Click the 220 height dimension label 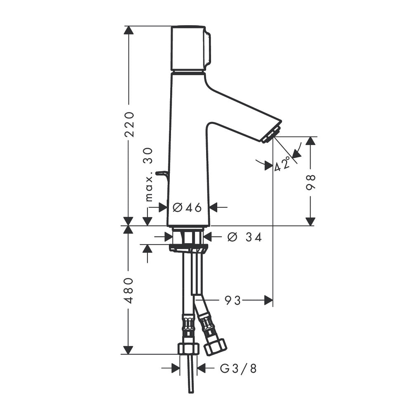(129, 125)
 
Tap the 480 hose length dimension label (129, 290)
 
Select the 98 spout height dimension (311, 182)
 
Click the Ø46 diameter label (187, 208)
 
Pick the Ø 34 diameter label (244, 237)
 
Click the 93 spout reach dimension (233, 300)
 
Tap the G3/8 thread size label (238, 368)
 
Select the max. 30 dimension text (149, 175)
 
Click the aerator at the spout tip (271, 135)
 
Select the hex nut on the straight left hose (188, 349)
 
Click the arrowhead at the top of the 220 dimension (128, 30)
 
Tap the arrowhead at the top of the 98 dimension (311, 141)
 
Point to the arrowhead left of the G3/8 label (176, 368)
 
